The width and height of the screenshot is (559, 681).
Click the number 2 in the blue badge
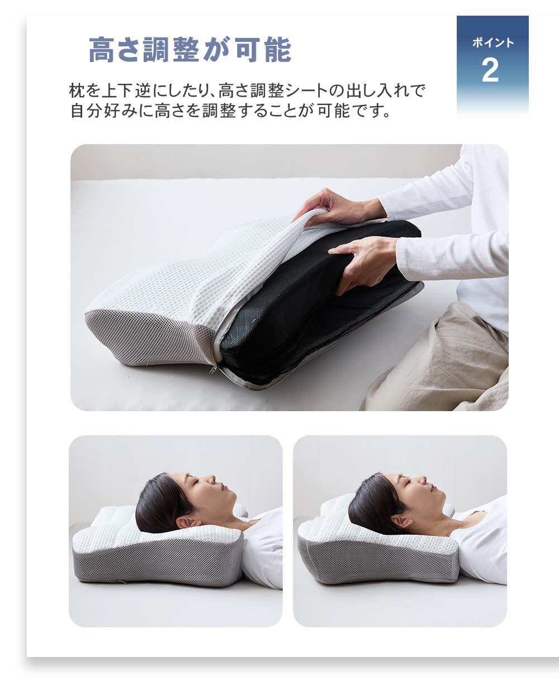tap(490, 70)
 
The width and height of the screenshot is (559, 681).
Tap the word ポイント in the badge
tap(493, 42)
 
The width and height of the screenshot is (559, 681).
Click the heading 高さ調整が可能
tap(190, 49)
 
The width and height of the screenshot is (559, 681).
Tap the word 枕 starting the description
tap(77, 91)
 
